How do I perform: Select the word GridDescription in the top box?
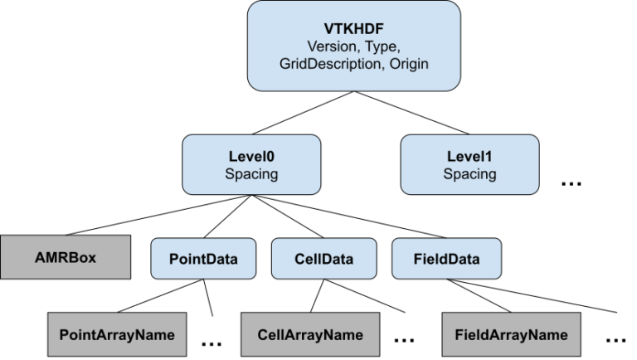click(x=328, y=64)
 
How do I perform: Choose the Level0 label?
click(x=250, y=156)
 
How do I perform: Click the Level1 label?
click(x=469, y=156)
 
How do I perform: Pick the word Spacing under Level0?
click(x=250, y=174)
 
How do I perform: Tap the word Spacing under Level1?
click(x=469, y=174)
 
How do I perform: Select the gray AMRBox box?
click(x=65, y=257)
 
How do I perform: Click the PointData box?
click(x=203, y=259)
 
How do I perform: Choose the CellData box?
click(x=323, y=259)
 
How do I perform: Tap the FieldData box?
click(x=446, y=259)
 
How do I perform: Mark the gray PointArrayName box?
click(x=117, y=335)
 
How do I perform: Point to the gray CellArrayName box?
click(x=310, y=335)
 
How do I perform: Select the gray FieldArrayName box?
click(x=511, y=335)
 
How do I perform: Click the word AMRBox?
click(x=65, y=257)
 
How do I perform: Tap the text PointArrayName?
click(x=117, y=335)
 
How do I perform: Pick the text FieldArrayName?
click(x=511, y=335)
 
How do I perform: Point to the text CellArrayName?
click(x=310, y=335)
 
